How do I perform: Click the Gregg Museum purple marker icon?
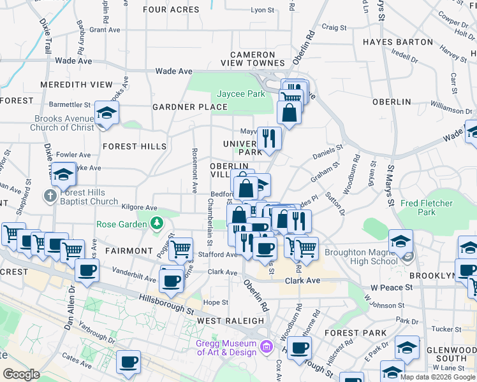click(267, 348)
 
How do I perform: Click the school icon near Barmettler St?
click(106, 115)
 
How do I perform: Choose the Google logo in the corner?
click(21, 374)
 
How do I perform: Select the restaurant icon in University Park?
click(269, 138)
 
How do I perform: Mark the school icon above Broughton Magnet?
click(400, 242)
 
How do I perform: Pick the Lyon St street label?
click(262, 10)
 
